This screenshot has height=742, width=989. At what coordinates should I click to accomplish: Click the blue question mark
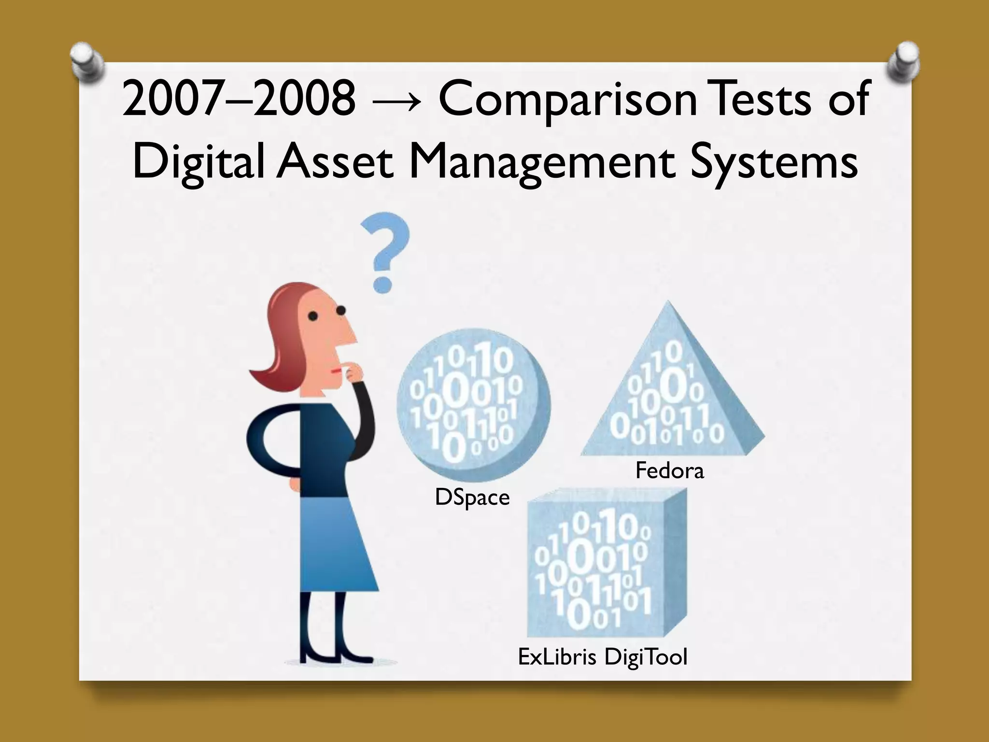[x=385, y=251]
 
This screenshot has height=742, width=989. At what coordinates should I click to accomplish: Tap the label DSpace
[x=472, y=498]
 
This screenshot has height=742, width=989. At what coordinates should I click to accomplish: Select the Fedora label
[x=669, y=471]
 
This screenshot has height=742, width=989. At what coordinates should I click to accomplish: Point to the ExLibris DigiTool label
[x=602, y=657]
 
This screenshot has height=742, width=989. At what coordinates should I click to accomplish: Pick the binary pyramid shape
[x=671, y=386]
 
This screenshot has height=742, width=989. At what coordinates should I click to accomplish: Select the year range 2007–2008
[x=239, y=100]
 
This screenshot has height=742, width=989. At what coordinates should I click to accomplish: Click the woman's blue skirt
[x=333, y=546]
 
